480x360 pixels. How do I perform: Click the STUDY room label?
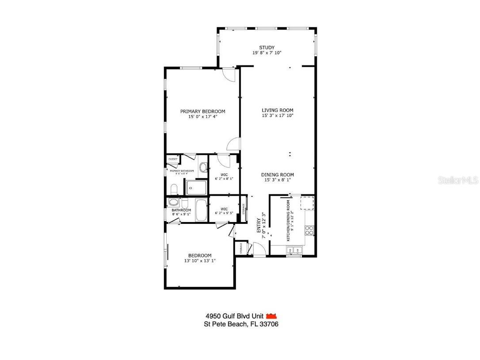[x=267, y=48]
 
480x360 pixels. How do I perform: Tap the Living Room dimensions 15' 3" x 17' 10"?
[x=278, y=116]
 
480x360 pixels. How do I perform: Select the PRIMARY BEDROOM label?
[x=202, y=111]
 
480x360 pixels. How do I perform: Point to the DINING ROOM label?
[x=277, y=175]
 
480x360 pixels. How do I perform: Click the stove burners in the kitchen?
[x=309, y=230]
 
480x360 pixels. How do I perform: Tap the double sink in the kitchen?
[x=293, y=251]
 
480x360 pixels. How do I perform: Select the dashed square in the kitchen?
[x=307, y=203]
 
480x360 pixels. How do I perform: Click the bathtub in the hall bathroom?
[x=201, y=211]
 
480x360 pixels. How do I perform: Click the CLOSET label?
[x=173, y=159]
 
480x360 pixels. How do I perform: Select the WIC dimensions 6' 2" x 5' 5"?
[x=224, y=214]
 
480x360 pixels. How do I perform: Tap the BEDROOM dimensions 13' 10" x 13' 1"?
[x=200, y=261]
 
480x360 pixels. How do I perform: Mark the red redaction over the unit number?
[x=271, y=316]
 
